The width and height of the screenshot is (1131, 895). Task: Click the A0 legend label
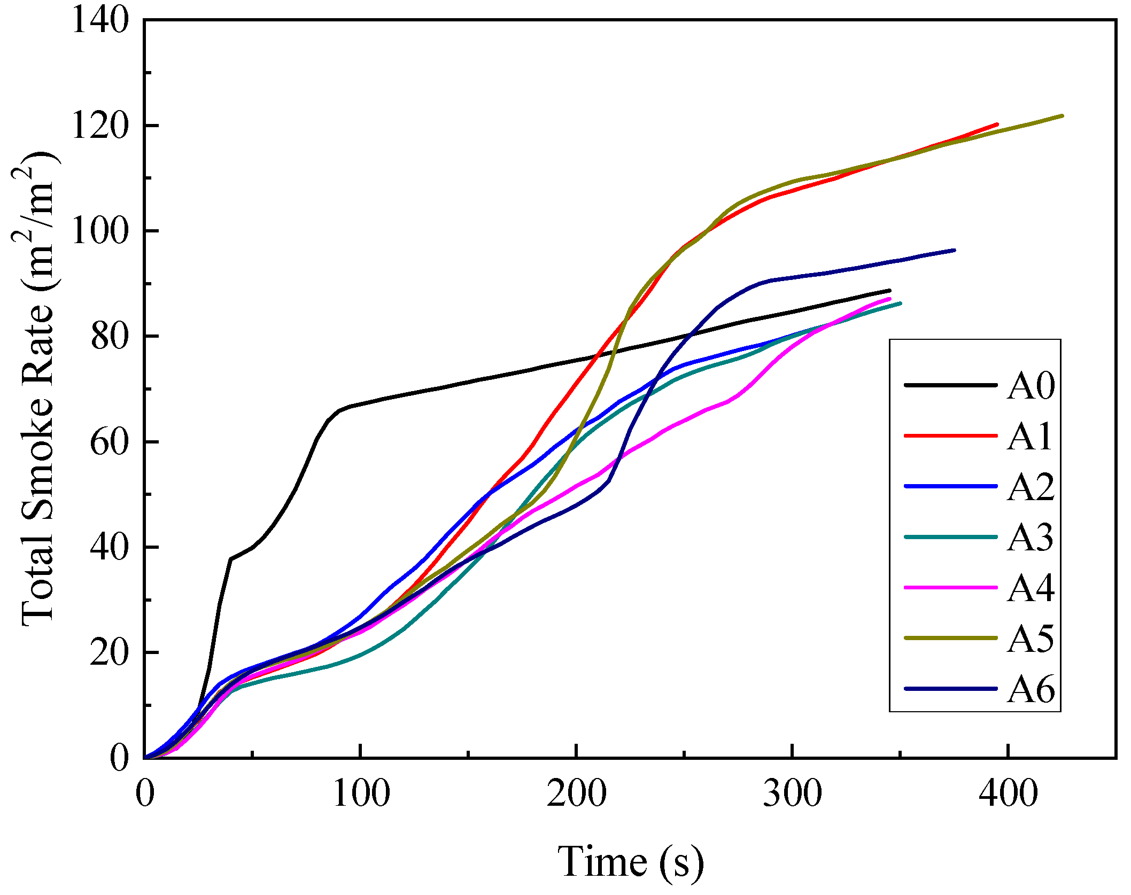1031,386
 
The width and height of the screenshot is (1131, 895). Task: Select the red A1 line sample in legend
950,436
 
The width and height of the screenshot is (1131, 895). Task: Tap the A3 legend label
1031,538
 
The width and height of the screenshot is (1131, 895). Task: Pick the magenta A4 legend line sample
950,588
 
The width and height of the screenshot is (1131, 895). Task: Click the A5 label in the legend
1031,639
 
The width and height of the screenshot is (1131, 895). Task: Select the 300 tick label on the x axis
792,794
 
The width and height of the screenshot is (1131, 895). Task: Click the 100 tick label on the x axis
361,794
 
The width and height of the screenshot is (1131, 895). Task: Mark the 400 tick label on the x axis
1008,794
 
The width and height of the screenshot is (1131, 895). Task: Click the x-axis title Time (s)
631,861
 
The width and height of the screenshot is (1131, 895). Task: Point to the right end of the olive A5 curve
1062,115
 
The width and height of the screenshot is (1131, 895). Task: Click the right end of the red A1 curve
997,124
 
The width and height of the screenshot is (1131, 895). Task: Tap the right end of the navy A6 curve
954,250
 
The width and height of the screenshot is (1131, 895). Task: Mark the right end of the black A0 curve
889,290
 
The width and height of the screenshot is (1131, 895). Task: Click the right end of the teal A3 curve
900,303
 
